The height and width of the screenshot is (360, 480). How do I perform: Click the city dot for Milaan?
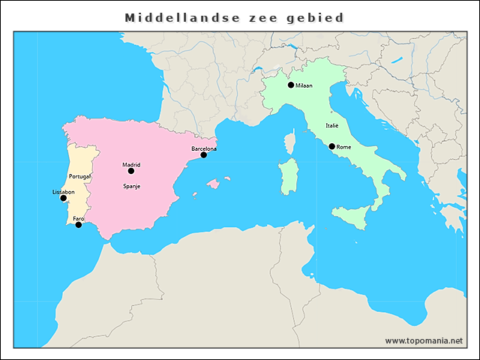point(291,85)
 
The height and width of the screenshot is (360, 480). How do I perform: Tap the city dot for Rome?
point(332,146)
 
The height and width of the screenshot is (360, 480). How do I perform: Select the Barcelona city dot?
point(203,154)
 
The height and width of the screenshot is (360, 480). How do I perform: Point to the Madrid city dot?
point(131,171)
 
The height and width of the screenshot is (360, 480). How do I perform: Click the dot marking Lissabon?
point(63,198)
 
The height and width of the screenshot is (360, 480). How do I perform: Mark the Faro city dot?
point(79,224)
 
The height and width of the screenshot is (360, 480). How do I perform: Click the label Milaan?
point(304,85)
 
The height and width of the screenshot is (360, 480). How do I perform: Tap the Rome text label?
point(343,147)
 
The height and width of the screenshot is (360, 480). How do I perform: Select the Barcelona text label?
point(204,148)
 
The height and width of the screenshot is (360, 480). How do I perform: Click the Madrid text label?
point(131,164)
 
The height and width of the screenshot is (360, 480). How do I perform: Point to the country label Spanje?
point(132,184)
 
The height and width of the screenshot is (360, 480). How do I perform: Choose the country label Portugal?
point(79,175)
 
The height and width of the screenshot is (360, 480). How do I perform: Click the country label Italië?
point(332,126)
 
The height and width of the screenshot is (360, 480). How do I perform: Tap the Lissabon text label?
point(63,192)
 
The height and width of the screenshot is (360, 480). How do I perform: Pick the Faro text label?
point(79,218)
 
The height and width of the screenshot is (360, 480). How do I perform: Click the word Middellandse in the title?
point(176,17)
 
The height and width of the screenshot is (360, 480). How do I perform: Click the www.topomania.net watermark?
point(424,340)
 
